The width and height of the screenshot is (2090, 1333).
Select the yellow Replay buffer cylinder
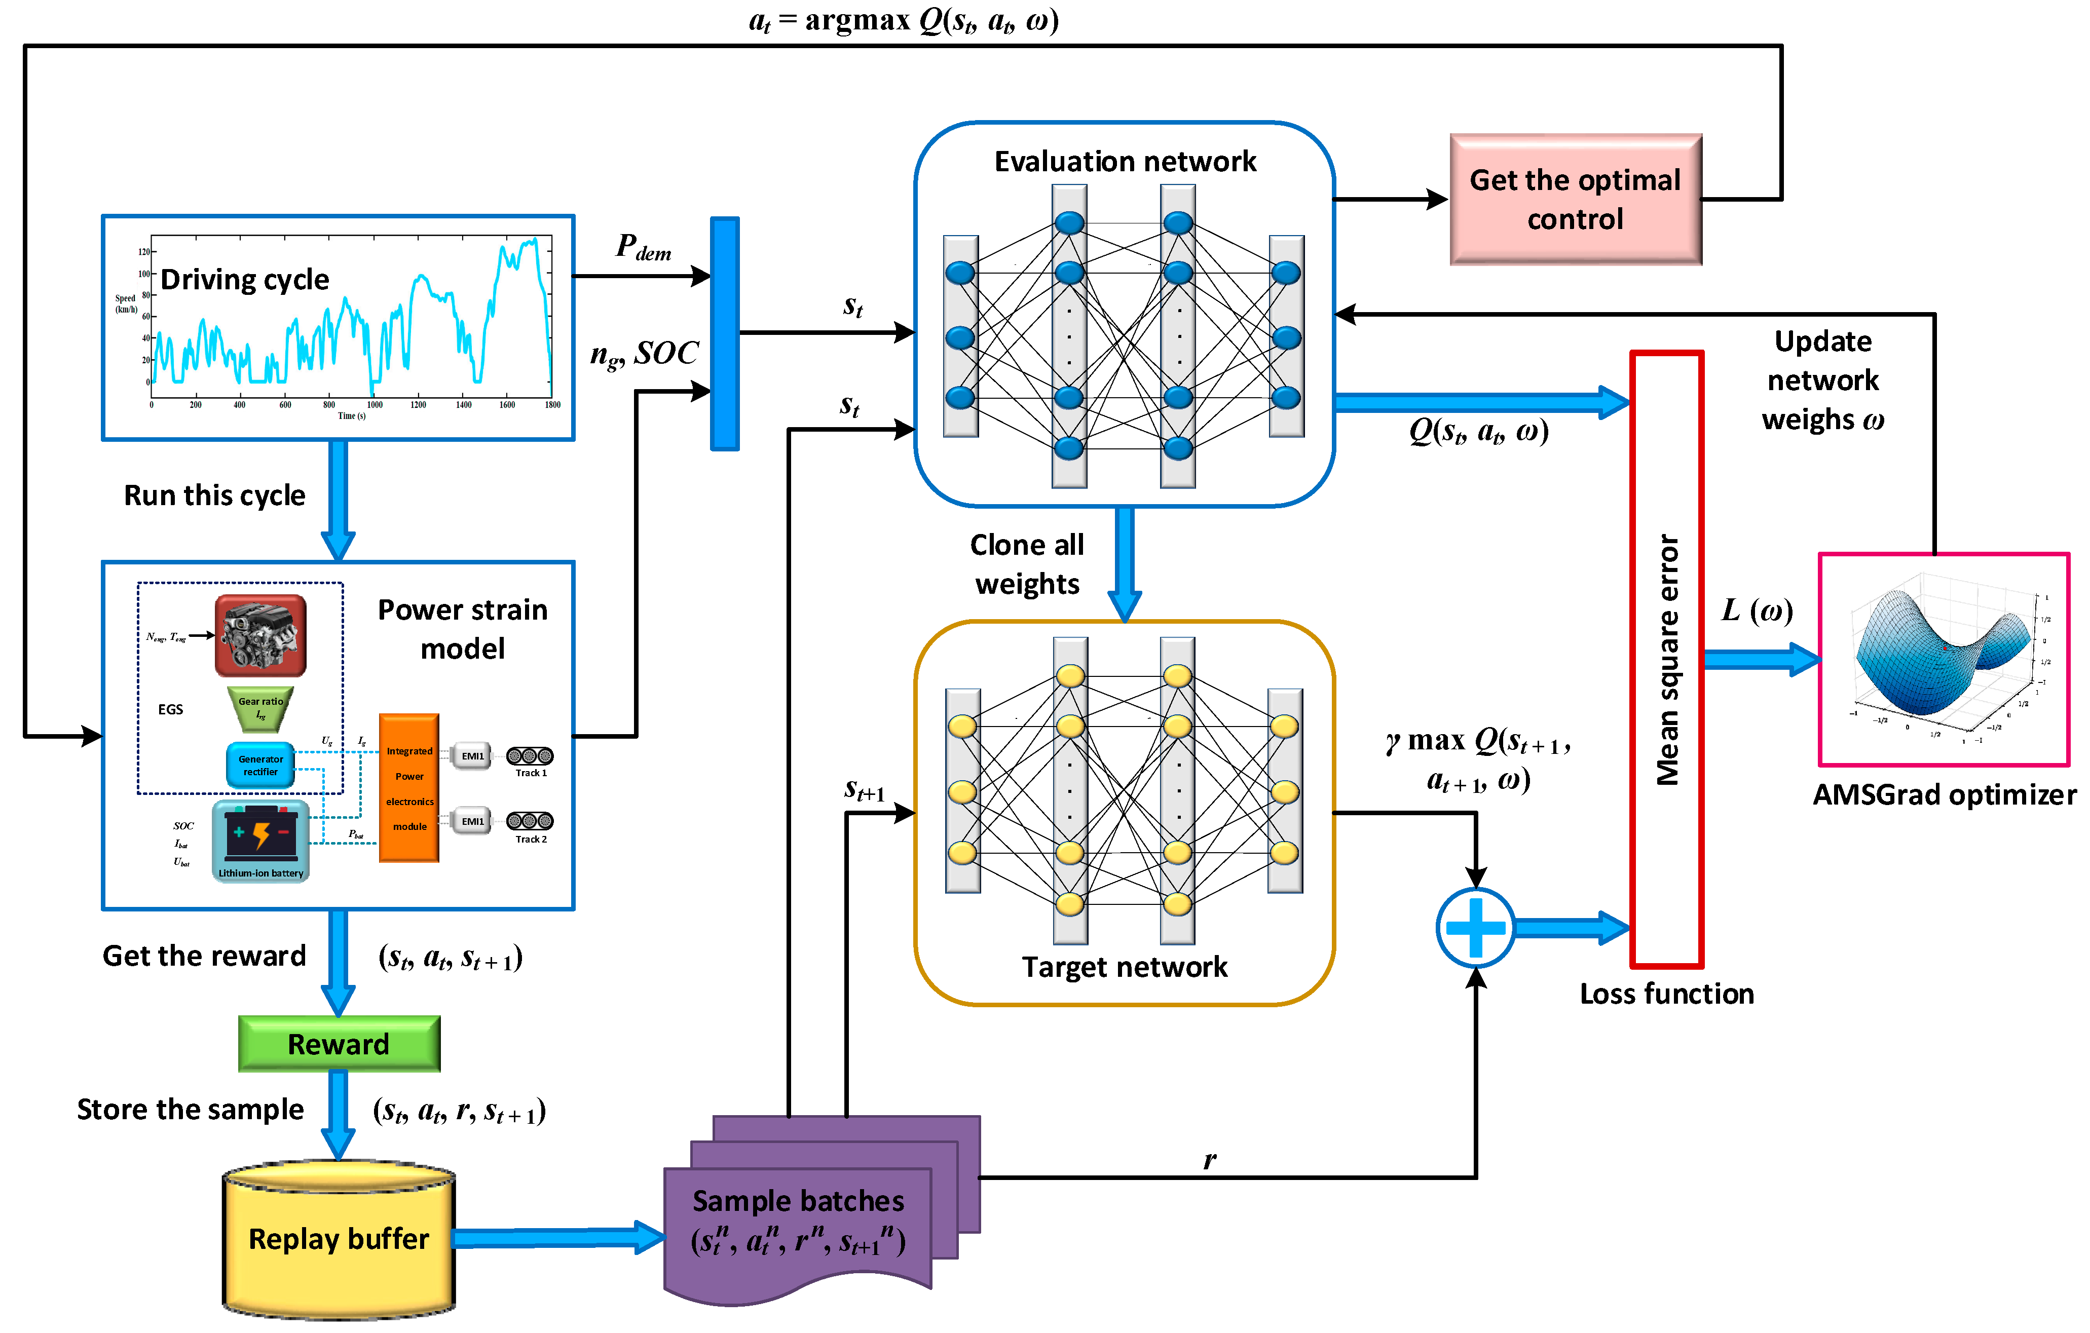click(339, 1239)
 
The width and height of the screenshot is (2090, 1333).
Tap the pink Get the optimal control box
click(1575, 200)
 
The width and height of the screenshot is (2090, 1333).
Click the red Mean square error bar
click(1666, 660)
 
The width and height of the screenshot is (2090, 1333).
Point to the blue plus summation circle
click(1475, 928)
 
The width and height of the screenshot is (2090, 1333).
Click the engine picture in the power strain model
click(260, 635)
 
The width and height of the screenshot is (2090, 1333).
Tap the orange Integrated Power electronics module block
click(409, 788)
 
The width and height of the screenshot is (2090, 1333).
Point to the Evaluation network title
click(1125, 162)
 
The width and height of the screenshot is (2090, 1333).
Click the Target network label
click(1125, 967)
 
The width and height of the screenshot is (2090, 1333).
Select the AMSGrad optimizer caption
click(1944, 795)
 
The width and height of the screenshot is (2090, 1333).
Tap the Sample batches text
click(798, 1201)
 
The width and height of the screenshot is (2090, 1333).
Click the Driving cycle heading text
click(245, 280)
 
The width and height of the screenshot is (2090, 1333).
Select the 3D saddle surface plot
click(1944, 660)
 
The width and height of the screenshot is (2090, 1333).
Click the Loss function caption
click(1666, 994)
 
